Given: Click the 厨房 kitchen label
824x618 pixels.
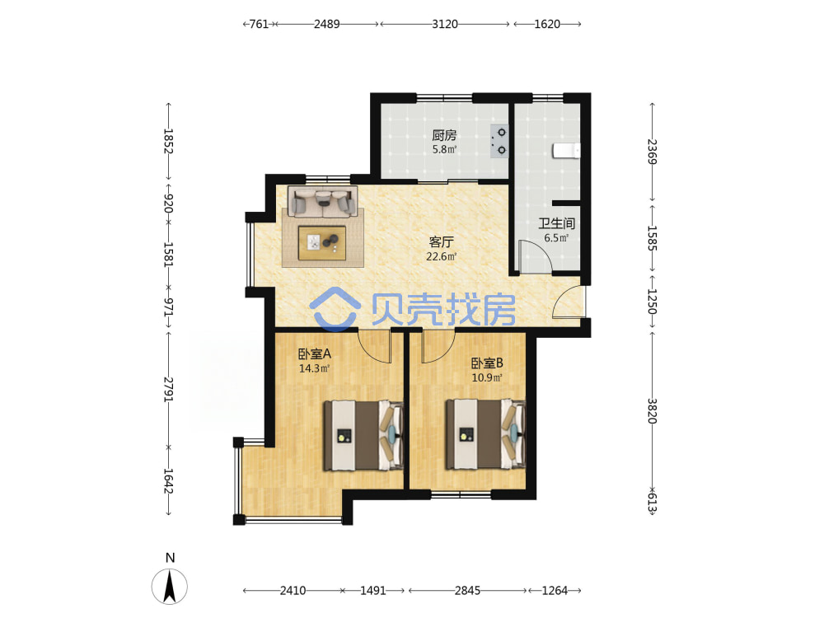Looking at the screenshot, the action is (x=444, y=135).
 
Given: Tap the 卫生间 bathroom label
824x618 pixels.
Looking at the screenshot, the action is (x=556, y=224).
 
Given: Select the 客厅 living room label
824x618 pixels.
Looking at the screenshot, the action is (x=441, y=241).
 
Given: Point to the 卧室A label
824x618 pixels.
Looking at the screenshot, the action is (x=314, y=354).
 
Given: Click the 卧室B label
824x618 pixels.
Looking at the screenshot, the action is (x=487, y=363).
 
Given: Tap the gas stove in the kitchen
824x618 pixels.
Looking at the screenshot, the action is (x=499, y=142).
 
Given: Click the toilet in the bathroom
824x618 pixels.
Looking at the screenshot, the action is (x=567, y=151).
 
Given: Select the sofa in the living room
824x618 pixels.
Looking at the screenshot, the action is (x=323, y=202).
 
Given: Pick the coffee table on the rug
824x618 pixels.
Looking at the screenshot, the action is (x=322, y=243).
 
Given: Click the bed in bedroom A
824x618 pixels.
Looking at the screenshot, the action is (x=363, y=436).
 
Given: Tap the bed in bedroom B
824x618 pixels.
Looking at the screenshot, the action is (x=485, y=434).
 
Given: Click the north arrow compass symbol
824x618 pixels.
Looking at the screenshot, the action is (x=169, y=586).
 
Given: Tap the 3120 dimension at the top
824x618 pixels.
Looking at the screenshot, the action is (x=445, y=24).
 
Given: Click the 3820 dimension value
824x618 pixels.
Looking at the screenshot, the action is (x=652, y=411).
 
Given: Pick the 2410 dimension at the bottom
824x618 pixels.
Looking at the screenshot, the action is (x=293, y=591).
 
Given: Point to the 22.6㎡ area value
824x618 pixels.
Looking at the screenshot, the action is (x=441, y=256).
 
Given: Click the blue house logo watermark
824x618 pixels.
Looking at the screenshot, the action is (x=335, y=309).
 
